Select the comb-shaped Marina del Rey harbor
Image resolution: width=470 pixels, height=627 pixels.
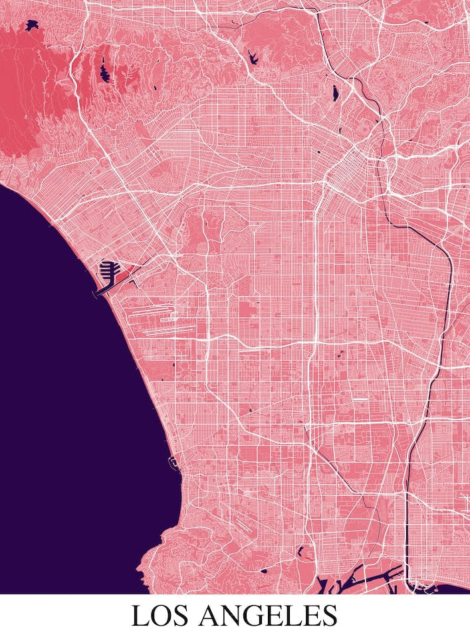click(110, 271)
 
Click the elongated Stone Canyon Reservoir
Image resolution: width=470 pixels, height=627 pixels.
click(104, 68)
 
